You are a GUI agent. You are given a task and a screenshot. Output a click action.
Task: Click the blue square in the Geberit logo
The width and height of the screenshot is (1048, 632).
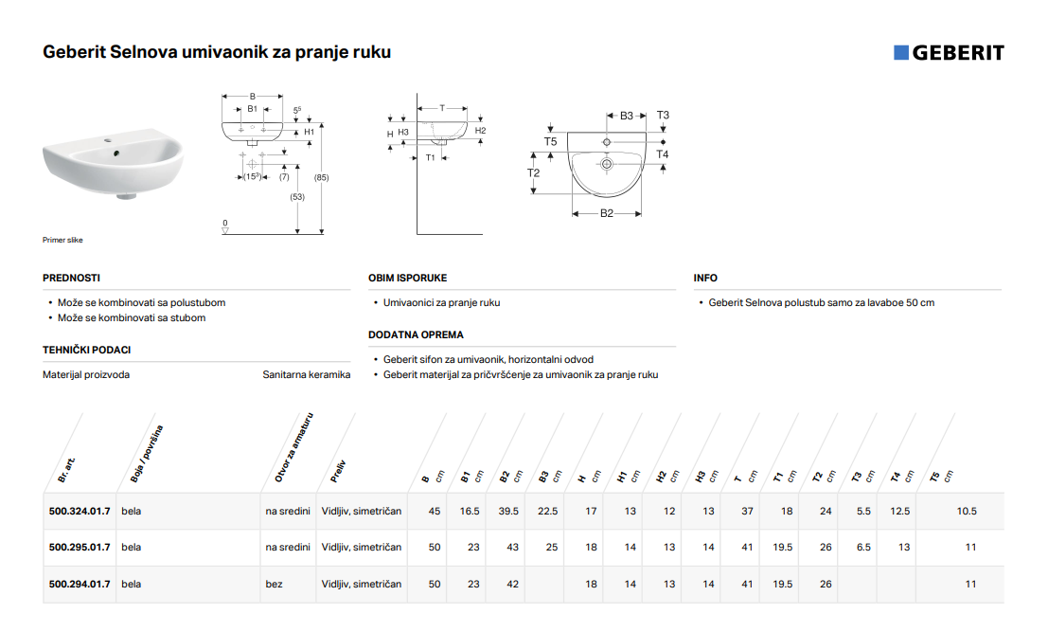coord(901,53)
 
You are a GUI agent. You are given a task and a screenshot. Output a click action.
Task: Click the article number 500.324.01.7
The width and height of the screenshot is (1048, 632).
coord(80,511)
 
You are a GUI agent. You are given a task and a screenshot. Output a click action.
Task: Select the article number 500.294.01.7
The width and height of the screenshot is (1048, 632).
coord(80,584)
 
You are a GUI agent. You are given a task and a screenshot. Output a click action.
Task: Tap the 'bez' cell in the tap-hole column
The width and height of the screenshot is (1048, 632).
coord(274,584)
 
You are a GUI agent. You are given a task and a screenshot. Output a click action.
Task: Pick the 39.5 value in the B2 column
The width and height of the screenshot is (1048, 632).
coord(508,511)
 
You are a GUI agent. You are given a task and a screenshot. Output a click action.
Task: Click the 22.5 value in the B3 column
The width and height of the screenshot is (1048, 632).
coord(547,511)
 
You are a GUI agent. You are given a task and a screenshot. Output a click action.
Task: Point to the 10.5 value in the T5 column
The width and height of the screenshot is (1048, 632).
coord(967,511)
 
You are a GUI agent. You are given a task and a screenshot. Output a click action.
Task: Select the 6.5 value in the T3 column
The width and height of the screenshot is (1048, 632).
coord(863,547)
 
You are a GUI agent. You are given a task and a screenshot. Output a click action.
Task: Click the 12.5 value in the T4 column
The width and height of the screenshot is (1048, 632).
coord(899,511)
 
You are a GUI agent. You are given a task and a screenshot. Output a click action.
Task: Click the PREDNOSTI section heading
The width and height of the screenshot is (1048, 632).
coord(72,278)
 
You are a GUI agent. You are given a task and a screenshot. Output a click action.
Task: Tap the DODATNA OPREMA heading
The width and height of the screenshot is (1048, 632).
coord(416,334)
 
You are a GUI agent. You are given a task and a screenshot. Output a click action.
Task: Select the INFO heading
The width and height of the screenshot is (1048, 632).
coord(705,278)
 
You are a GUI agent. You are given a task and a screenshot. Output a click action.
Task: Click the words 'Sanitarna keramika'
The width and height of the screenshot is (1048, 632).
coord(306,374)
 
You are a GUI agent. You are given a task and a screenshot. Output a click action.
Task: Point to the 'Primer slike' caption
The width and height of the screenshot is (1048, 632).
coord(62,240)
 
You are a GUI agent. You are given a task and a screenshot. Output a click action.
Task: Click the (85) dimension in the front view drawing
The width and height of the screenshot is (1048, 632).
coord(322,177)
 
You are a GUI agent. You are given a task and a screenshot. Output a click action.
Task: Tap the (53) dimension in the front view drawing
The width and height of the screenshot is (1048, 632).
coord(297,197)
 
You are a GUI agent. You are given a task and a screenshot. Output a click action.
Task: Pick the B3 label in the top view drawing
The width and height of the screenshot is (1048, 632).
coord(627,116)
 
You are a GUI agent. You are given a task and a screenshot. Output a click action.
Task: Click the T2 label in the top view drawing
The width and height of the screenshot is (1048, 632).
coord(533,172)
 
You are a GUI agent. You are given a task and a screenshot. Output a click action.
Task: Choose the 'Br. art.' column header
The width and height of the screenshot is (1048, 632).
coord(66,469)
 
